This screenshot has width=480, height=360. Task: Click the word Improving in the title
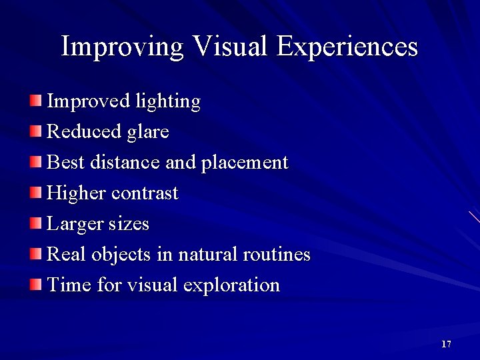coord(122,47)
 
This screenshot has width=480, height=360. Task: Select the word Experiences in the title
coord(347,47)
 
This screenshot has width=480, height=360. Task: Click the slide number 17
coord(446,344)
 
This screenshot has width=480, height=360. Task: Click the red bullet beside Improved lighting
coord(35,101)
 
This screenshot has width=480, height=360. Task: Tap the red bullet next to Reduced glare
coord(35,131)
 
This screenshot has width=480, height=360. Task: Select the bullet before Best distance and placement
coord(35,162)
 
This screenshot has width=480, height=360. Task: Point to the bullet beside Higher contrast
coord(35,193)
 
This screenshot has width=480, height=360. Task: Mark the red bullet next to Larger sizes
coord(35,223)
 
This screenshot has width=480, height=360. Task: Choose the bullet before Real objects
coord(35,254)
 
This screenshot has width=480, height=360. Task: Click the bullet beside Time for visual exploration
coord(35,285)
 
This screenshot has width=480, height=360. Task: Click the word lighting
coord(167,102)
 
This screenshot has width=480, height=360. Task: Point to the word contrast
coord(145,193)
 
